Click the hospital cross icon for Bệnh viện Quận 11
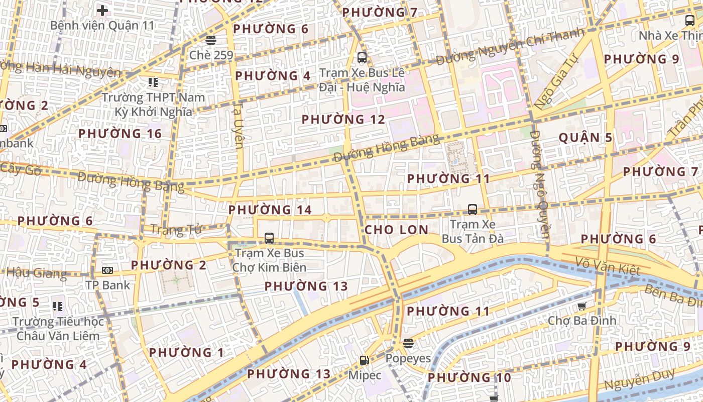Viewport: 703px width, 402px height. point(102,10)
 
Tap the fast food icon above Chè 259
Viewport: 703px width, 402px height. point(210,40)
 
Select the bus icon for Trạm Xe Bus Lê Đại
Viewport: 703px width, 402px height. point(362,57)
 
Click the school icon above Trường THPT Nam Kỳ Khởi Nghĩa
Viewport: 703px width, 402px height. point(153,82)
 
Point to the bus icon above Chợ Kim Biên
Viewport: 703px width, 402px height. point(269,238)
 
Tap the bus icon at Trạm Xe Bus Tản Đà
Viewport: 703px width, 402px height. point(472,209)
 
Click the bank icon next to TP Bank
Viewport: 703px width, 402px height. point(107,270)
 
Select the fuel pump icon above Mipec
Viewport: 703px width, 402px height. point(364,360)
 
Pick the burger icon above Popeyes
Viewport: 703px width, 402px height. point(408,343)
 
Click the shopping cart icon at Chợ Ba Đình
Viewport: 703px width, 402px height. point(581,306)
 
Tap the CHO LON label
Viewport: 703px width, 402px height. point(397,230)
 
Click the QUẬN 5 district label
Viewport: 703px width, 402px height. point(585,138)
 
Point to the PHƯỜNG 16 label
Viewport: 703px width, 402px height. point(120,134)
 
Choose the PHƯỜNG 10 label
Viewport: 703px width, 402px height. point(469,377)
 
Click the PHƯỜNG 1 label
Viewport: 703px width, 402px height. point(186,352)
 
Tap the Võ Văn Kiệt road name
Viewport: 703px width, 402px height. point(608,266)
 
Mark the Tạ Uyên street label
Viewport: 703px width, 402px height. point(239,126)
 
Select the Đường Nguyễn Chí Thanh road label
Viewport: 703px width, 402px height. point(510,47)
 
